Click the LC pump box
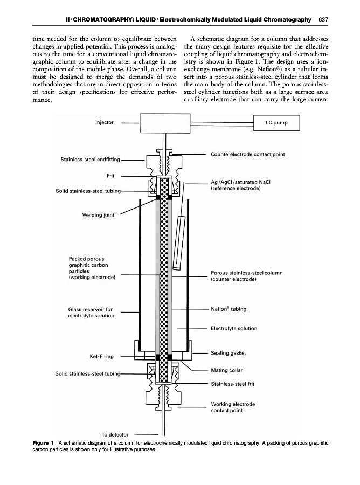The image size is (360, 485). [x=276, y=123]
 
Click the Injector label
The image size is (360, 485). [x=104, y=122]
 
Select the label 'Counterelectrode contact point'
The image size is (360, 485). [x=248, y=154]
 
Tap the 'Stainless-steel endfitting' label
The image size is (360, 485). [x=86, y=159]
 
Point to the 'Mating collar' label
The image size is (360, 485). [x=226, y=370]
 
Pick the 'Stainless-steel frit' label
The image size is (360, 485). [x=234, y=384]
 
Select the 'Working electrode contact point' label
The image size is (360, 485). [x=233, y=407]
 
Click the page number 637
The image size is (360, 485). [x=323, y=20]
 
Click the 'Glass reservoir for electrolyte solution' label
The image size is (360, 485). [x=91, y=313]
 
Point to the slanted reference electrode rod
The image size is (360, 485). [x=178, y=242]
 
